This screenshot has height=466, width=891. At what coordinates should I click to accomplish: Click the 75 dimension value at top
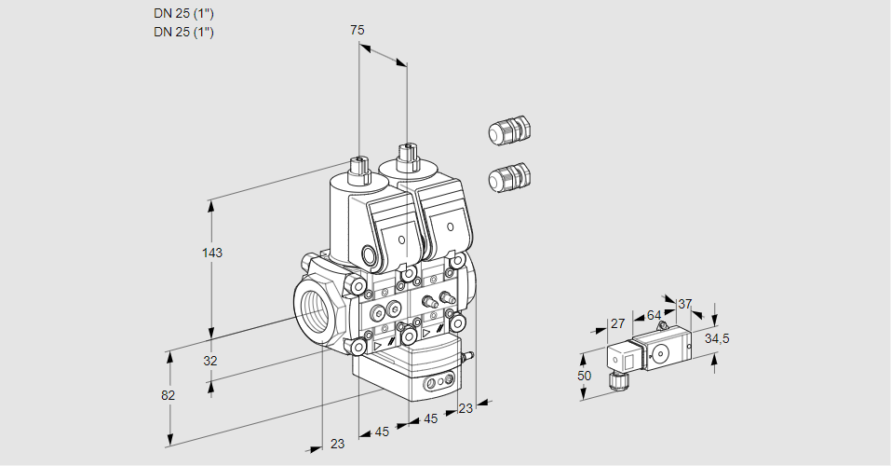coord(357,30)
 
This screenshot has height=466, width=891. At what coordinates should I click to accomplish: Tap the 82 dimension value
coord(169,395)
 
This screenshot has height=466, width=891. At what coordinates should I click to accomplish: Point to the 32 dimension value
coord(210,361)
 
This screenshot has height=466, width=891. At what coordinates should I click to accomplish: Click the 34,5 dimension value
coord(717,338)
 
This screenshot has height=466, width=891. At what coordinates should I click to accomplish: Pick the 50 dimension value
coord(584,376)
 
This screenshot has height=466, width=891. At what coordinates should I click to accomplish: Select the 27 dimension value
coord(616,323)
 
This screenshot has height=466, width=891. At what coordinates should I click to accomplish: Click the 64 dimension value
coord(654,315)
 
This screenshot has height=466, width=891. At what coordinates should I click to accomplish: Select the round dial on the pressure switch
coord(662,353)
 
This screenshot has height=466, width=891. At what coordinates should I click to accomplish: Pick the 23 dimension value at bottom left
coord(337,444)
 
